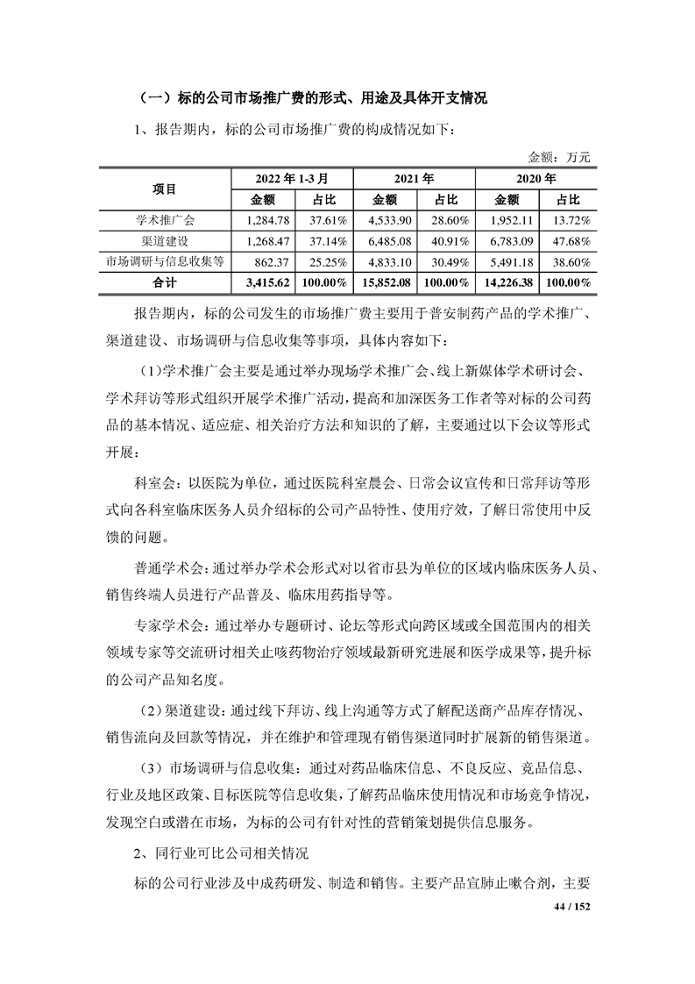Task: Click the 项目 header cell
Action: pos(164,188)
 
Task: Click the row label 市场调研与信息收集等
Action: pos(164,261)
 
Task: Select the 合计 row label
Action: pos(164,282)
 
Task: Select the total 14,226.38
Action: pos(505,282)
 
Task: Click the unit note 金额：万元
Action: pos(559,157)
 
